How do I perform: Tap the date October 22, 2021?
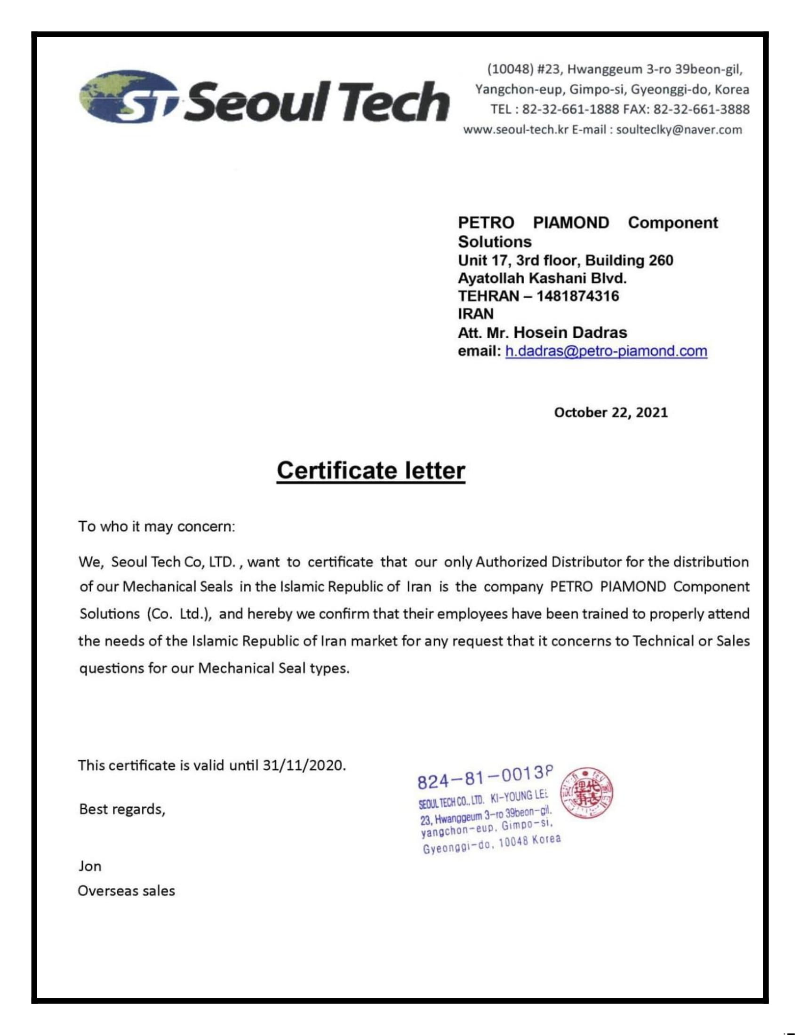coord(610,412)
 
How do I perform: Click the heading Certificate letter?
coord(371,470)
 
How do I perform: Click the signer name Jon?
coord(90,866)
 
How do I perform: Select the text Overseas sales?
coord(127,891)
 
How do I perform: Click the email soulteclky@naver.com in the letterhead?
coord(679,130)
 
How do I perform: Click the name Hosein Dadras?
coord(570,333)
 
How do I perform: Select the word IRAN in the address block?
coord(475,314)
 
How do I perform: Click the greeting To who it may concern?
coord(156,526)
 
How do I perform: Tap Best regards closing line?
coord(122,809)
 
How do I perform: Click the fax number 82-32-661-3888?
coord(701,110)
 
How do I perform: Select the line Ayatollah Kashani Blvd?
coord(542,278)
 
